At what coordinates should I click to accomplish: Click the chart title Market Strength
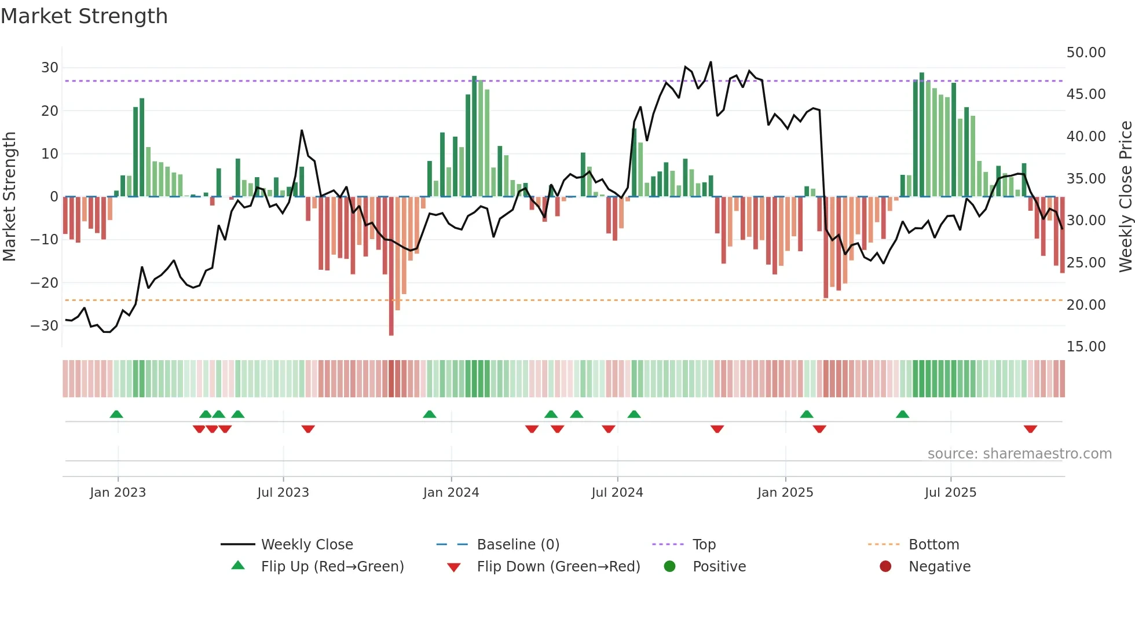[84, 16]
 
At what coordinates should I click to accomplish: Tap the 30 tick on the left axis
[50, 68]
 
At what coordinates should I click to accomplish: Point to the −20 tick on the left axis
[45, 283]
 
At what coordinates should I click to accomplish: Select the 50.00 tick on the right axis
[1086, 53]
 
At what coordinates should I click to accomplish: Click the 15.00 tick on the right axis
[1086, 347]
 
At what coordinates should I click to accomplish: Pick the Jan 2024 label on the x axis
[451, 493]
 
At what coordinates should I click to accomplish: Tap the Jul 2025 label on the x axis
[950, 493]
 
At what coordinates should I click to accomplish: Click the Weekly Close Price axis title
[1125, 197]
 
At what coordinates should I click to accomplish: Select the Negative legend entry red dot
[885, 567]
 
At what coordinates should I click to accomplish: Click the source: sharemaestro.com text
[1019, 454]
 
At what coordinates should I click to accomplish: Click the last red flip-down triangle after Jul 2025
[1030, 429]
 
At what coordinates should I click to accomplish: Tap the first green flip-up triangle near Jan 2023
[116, 414]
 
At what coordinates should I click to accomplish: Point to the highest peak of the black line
[711, 63]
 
